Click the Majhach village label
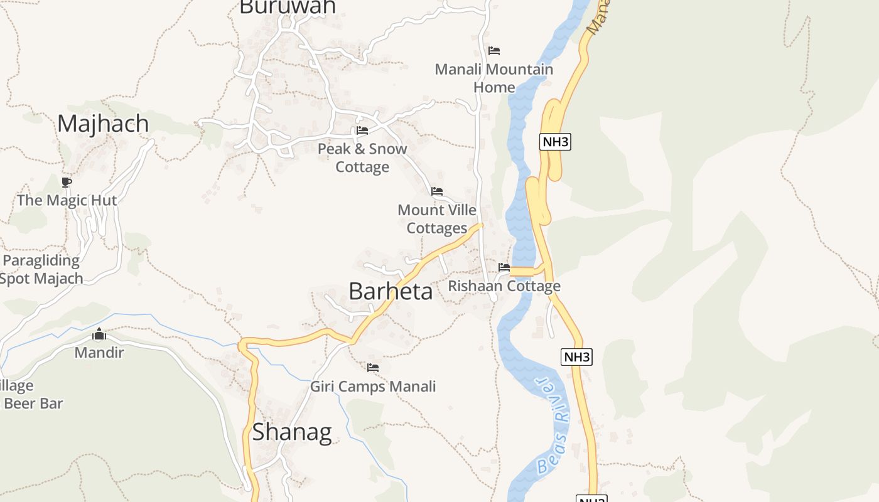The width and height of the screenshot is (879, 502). [x=103, y=124]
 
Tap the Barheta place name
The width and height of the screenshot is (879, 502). [x=391, y=292]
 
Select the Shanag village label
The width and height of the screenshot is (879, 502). [x=292, y=432]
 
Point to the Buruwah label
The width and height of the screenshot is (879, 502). [x=288, y=7]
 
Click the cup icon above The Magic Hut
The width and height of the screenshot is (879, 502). [x=67, y=183]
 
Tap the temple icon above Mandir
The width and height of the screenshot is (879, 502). [x=99, y=334]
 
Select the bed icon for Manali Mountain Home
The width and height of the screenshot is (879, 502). [x=494, y=51]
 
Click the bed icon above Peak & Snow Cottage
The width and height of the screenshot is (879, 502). [x=362, y=131]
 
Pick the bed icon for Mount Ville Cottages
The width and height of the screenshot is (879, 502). [x=437, y=191]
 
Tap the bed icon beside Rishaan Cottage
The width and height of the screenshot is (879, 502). [x=504, y=267]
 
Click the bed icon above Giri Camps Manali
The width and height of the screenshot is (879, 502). [x=373, y=368]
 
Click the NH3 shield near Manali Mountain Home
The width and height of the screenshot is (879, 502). [x=555, y=142]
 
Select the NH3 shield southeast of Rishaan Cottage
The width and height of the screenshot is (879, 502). [x=576, y=358]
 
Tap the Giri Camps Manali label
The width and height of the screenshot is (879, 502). [x=373, y=387]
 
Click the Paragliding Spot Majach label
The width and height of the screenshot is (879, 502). [x=41, y=270]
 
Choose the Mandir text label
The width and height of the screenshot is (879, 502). [x=99, y=353]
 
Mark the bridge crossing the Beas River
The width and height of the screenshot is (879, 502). [x=522, y=272]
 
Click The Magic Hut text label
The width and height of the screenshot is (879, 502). [x=67, y=201]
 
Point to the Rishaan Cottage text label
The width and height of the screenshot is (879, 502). [x=504, y=287]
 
